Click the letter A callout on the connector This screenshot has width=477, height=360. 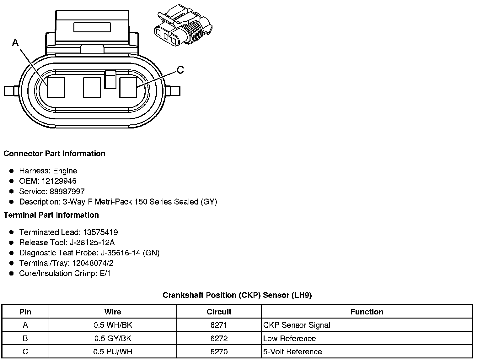click(15, 42)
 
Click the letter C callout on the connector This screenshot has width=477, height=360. click(180, 70)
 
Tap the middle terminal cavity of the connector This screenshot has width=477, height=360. click(92, 88)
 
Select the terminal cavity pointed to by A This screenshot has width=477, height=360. click(56, 88)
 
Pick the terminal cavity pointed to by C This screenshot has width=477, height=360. click(128, 88)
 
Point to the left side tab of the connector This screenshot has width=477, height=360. click(11, 91)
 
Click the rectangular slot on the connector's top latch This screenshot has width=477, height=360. click(92, 27)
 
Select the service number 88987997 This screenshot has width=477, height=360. click(67, 191)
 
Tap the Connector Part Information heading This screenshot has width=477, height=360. click(54, 154)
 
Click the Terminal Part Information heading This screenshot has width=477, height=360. click(51, 215)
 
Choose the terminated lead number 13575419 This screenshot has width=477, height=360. click(100, 232)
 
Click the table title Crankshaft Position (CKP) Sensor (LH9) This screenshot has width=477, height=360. click(237, 295)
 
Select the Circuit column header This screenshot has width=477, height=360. click(219, 312)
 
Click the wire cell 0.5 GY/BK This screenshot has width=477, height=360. click(113, 338)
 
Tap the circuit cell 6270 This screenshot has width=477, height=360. click(219, 352)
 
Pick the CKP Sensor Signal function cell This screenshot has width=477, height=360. click(297, 325)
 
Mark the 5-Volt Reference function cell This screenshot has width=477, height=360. click(292, 352)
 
